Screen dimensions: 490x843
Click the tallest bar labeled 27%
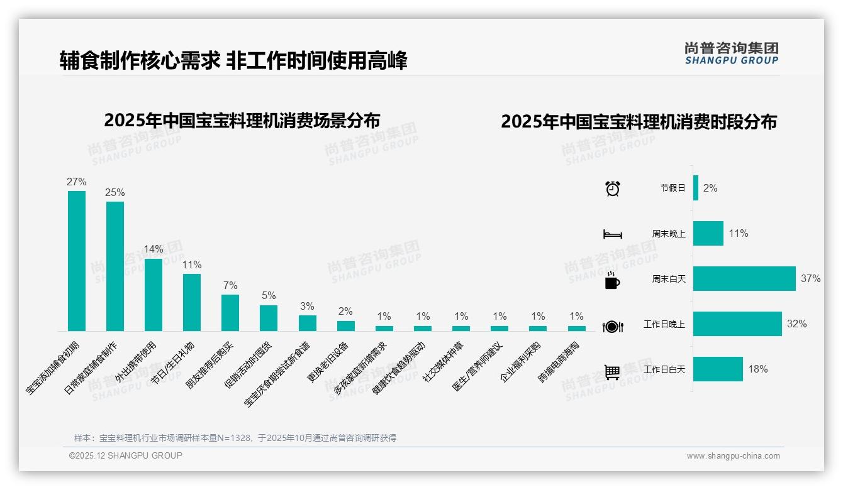[x=77, y=261]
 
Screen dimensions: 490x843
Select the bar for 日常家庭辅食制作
[x=115, y=266]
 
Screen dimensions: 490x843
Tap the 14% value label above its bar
[x=154, y=249]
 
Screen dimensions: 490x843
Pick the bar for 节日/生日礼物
[x=192, y=302]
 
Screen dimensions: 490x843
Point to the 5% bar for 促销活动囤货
[x=269, y=318]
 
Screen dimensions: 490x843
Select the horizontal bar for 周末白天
[x=744, y=279]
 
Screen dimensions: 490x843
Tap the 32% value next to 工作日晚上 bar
[x=796, y=324]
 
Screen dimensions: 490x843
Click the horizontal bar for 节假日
[x=696, y=188]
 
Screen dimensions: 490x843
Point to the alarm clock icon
[x=613, y=188]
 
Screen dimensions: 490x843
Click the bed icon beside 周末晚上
[x=613, y=234]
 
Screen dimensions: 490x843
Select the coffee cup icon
[x=612, y=280]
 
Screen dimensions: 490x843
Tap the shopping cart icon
[x=612, y=372]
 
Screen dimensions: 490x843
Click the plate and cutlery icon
[x=613, y=326]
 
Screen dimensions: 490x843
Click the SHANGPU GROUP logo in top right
[x=732, y=53]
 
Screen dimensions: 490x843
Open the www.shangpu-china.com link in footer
[x=733, y=456]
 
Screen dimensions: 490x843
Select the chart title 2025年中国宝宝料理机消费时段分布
[x=639, y=122]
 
